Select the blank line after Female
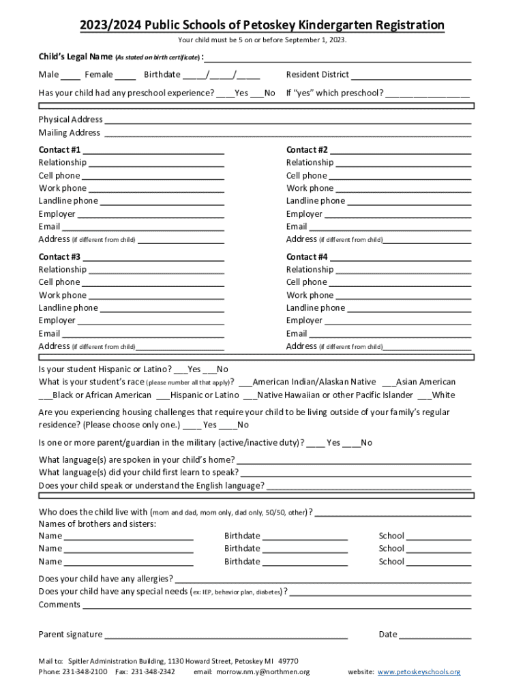(125, 76)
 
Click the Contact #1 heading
(59, 149)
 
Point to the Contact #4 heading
(307, 257)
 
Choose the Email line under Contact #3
(142, 334)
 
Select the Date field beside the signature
(434, 635)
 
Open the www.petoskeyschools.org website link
(419, 672)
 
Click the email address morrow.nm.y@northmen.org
(262, 672)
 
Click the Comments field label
(59, 605)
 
